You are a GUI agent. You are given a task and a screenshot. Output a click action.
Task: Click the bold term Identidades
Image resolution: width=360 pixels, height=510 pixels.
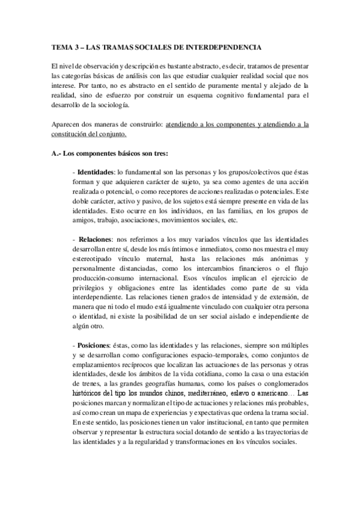tap(97, 173)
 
